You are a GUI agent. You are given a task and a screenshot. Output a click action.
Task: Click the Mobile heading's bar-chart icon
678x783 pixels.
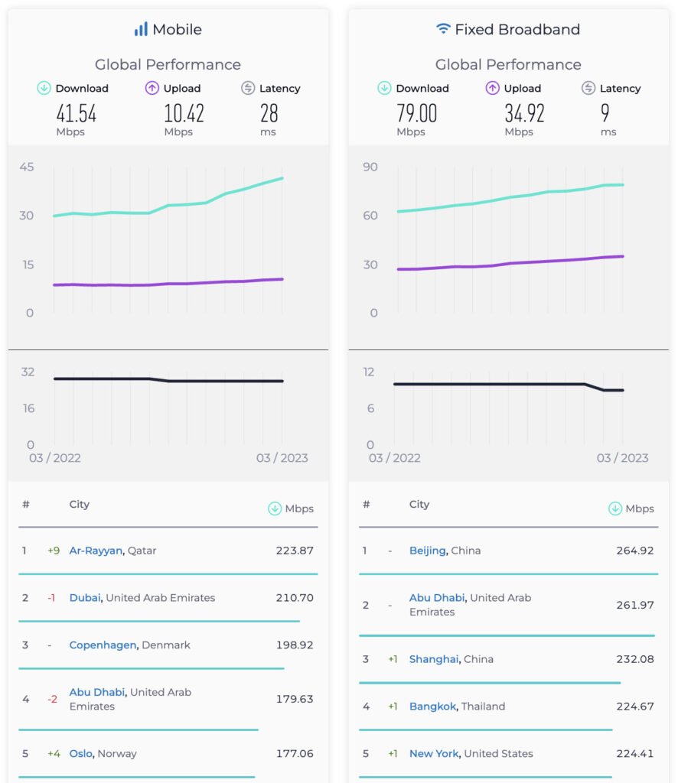[141, 30]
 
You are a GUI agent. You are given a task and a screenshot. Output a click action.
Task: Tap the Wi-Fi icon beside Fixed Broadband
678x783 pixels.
[443, 30]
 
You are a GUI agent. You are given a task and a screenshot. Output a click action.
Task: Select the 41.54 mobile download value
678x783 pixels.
[77, 114]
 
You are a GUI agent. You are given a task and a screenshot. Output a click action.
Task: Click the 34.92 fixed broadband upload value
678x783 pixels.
[524, 114]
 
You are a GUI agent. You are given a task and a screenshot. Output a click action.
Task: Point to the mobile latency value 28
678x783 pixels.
[269, 114]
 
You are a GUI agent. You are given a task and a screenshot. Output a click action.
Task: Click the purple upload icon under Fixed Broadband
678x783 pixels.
[492, 89]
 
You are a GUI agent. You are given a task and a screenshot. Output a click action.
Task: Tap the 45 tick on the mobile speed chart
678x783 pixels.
[27, 167]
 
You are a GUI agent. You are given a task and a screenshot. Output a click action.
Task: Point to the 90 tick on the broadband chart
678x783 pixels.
[370, 167]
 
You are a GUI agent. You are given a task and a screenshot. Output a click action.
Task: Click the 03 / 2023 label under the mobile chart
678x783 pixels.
[282, 458]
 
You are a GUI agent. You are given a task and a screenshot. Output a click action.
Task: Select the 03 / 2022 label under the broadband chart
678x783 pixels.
[395, 458]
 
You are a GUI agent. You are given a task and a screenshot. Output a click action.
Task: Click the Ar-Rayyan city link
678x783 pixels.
[96, 551]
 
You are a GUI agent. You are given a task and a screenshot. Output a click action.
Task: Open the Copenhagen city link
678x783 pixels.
[103, 645]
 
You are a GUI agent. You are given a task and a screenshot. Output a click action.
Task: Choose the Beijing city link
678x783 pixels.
[428, 551]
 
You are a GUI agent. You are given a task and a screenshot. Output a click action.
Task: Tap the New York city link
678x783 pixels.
[434, 754]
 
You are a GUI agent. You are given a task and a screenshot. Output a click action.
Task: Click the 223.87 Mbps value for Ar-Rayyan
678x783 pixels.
[295, 551]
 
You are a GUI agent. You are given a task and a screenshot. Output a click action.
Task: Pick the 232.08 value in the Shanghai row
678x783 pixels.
[635, 659]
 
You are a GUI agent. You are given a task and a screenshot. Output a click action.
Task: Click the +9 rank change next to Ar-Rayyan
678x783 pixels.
[53, 551]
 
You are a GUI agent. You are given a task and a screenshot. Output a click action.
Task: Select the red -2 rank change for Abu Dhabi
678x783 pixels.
[52, 699]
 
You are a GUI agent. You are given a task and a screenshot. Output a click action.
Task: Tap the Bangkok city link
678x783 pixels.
[433, 707]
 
